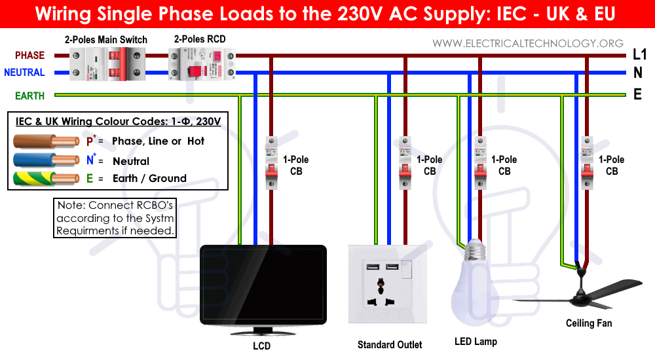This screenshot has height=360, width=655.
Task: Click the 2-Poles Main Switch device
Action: coord(107,64)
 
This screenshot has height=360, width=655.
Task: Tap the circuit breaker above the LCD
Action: coord(272,163)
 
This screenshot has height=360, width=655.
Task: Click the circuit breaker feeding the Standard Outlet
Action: coord(405,163)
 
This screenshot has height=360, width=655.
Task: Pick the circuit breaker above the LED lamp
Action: coord(480,163)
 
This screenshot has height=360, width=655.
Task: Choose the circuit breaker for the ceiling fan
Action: coord(588,163)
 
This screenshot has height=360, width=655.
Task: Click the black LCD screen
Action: coord(263,285)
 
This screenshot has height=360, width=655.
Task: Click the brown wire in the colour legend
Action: coord(46,141)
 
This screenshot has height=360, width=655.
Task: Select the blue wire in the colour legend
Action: coord(46,160)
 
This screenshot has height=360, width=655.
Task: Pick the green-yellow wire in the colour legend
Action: coord(46,178)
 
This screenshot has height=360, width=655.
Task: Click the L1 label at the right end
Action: coord(639,54)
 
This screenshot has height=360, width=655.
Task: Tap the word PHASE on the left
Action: coord(29,56)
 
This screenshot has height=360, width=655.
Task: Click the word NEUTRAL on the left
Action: coord(24,73)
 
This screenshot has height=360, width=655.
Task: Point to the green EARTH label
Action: coord(29,96)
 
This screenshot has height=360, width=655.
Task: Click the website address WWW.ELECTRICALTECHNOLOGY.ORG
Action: coord(527,43)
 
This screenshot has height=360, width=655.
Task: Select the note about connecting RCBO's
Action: coord(115,218)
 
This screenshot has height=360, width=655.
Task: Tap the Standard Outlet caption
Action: coord(390,344)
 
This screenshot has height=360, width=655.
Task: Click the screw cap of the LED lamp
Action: coord(476,250)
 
